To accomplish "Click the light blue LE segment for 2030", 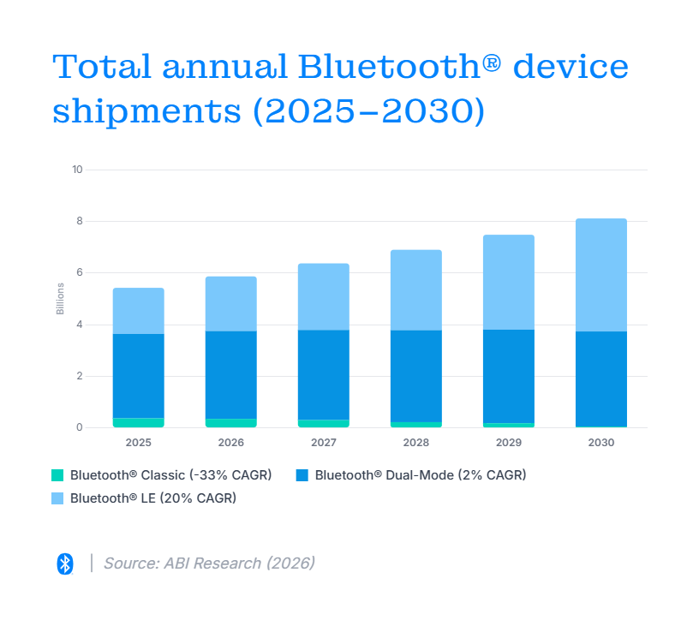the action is pos(601,275).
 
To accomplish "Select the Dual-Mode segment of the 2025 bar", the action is pos(138,376).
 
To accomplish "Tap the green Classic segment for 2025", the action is pos(138,422).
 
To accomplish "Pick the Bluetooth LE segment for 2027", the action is pos(323,297).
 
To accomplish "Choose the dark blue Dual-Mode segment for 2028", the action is pos(416,376).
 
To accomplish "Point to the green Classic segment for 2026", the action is pos(231,423).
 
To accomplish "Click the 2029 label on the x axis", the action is pos(509,443).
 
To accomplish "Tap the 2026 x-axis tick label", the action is pos(231,443).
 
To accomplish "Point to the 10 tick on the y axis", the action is pos(77,170).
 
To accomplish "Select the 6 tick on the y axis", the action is pos(80,272).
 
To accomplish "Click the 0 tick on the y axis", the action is pos(80,427).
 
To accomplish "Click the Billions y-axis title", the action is pos(60,299).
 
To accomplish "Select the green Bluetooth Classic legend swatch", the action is pos(57,475).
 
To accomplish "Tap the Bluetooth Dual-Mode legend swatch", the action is pos(302,475).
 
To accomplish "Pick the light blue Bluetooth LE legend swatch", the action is pos(57,498).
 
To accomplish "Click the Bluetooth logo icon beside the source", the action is pos(65,563).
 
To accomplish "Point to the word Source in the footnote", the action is pos(131,563).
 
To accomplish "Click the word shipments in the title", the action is pos(147,112).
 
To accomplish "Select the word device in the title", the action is pos(571,67).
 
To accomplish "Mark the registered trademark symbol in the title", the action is pos(492,63).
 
